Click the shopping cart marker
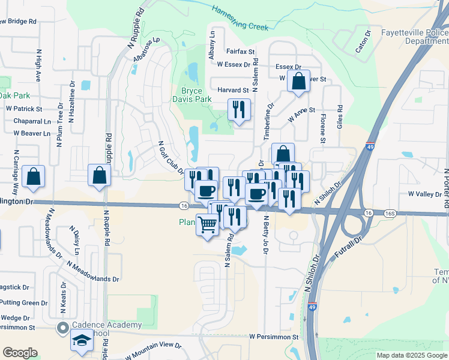208,225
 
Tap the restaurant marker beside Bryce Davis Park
239,110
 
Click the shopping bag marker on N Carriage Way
34,176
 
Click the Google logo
20,353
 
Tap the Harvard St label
233,90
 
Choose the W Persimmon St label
274,337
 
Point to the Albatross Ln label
147,49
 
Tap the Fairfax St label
241,52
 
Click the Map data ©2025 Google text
412,355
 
